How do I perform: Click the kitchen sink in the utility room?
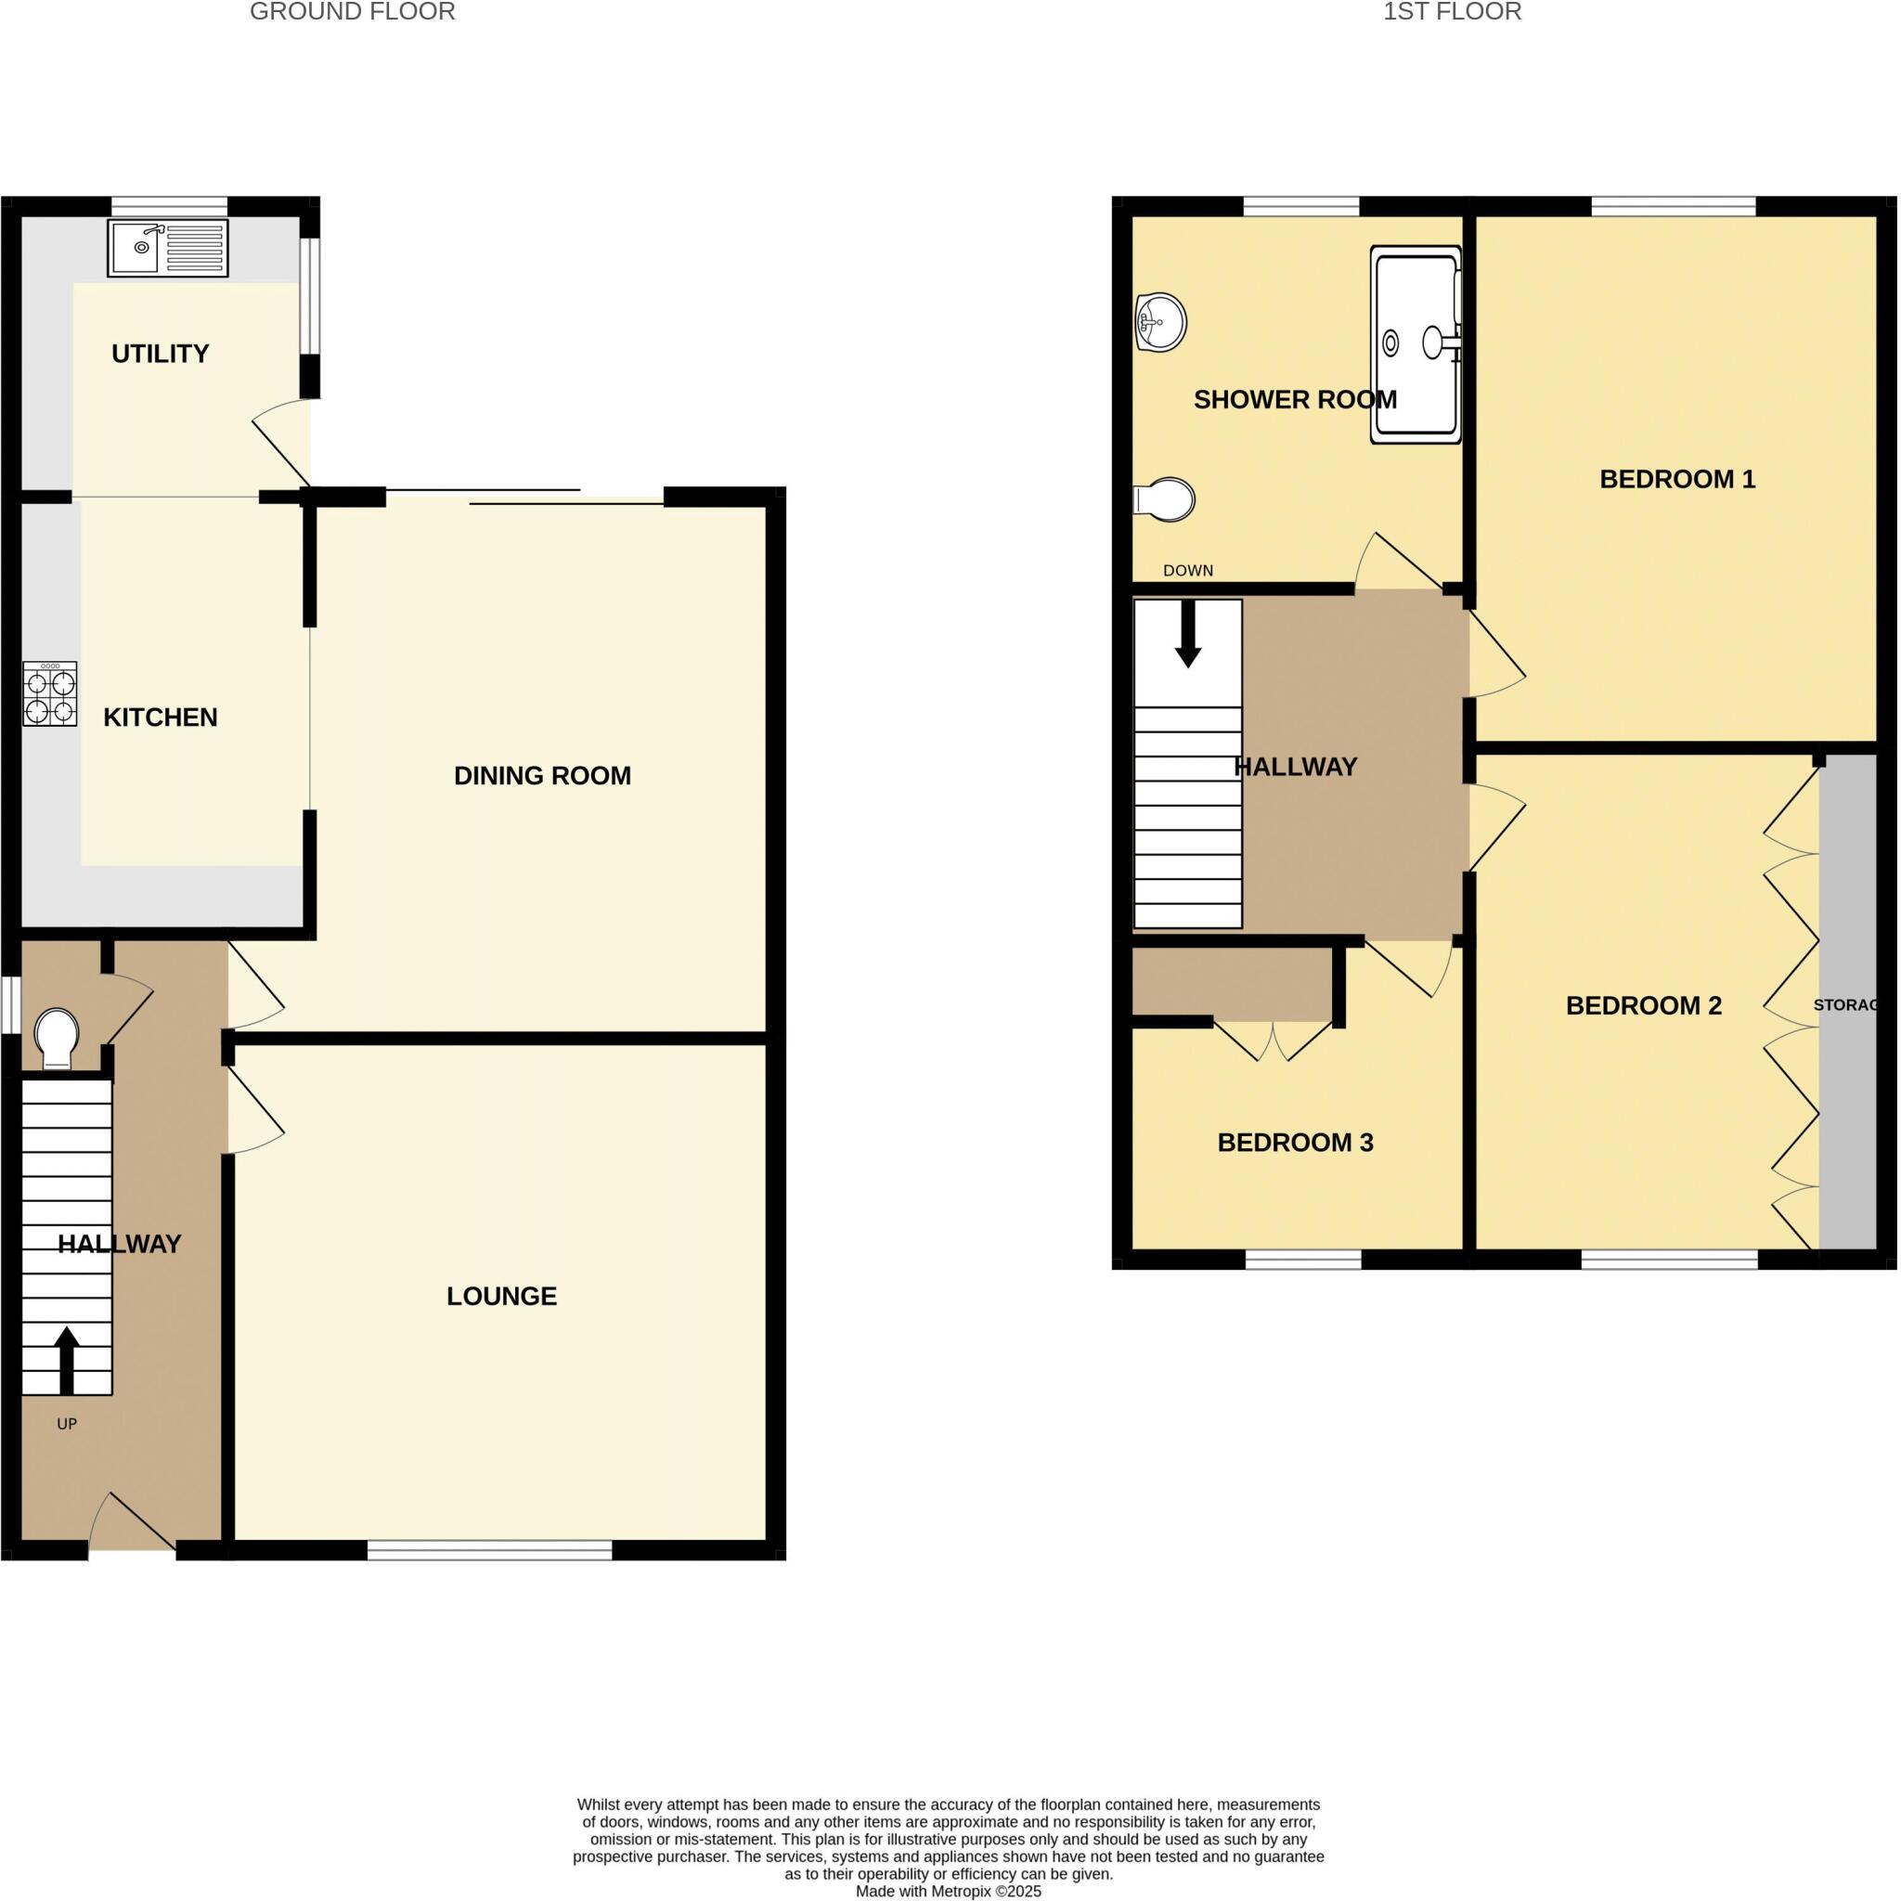point(167,247)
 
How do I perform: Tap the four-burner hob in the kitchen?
point(50,693)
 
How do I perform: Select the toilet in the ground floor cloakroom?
point(56,1037)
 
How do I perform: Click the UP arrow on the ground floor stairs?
point(66,1359)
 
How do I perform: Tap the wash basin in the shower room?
point(1160,322)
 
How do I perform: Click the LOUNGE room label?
point(502,1296)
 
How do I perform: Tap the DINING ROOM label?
point(542,775)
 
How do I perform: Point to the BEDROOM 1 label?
point(1676,479)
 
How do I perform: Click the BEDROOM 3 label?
point(1295,1143)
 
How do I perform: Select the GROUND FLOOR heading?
point(352,12)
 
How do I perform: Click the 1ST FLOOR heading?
point(1452,12)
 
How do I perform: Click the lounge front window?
point(490,1551)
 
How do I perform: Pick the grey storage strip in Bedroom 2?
point(1847,1082)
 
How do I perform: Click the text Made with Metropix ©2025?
point(949,1891)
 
